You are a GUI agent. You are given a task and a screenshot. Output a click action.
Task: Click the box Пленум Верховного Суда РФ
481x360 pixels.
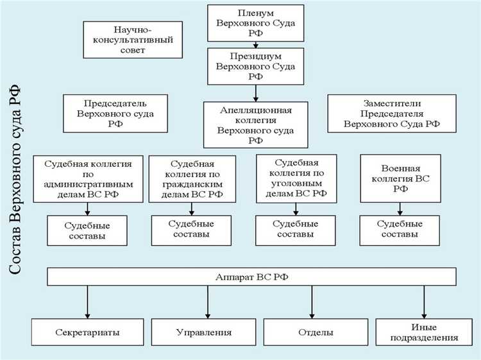click(x=255, y=24)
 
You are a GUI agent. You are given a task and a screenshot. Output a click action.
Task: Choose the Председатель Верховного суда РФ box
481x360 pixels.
click(x=115, y=114)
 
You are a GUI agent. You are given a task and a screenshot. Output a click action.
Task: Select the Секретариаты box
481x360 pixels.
click(x=87, y=332)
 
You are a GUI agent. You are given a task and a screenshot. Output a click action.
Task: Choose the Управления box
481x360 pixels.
click(x=204, y=332)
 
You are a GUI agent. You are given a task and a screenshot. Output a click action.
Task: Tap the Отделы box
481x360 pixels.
click(x=315, y=332)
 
